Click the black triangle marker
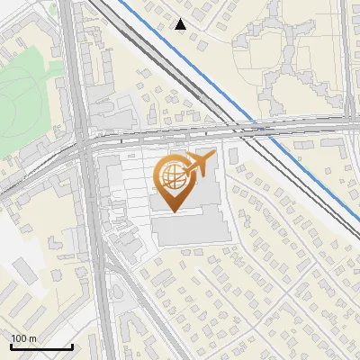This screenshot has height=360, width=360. pos(181,24)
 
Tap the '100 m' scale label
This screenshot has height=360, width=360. pos(24,338)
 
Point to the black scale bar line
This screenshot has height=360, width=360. pos(41,346)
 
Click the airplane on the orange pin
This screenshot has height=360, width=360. pos(200,166)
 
